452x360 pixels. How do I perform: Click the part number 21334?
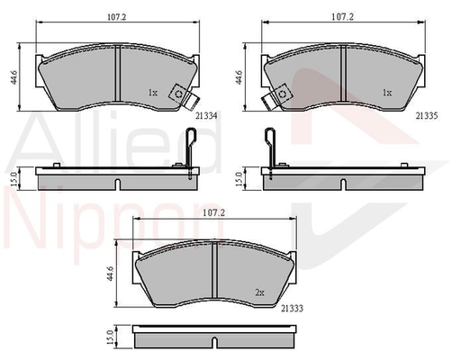[x=206, y=115]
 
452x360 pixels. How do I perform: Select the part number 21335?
[x=427, y=115]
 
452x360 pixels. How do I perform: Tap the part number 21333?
[x=292, y=308]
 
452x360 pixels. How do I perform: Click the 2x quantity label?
[x=259, y=292]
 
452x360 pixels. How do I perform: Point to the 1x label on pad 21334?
[x=152, y=93]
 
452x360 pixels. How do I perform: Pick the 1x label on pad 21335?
[x=387, y=93]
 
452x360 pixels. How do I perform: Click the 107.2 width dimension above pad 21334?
[x=117, y=17]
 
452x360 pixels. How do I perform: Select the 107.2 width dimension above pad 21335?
[x=342, y=17]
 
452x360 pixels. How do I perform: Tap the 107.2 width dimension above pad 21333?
[x=213, y=212]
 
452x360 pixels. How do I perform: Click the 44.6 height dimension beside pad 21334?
[x=14, y=77]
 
